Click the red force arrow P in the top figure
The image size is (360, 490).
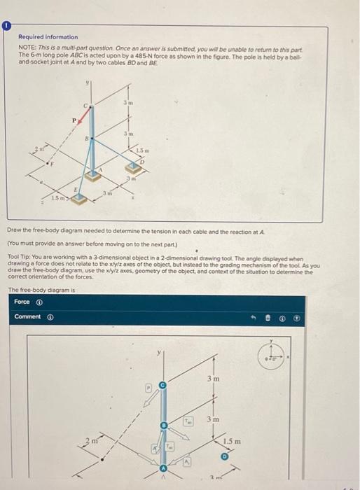[81, 125]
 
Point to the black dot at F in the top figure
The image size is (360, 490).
[48, 164]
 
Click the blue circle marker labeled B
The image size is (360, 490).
[164, 425]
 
